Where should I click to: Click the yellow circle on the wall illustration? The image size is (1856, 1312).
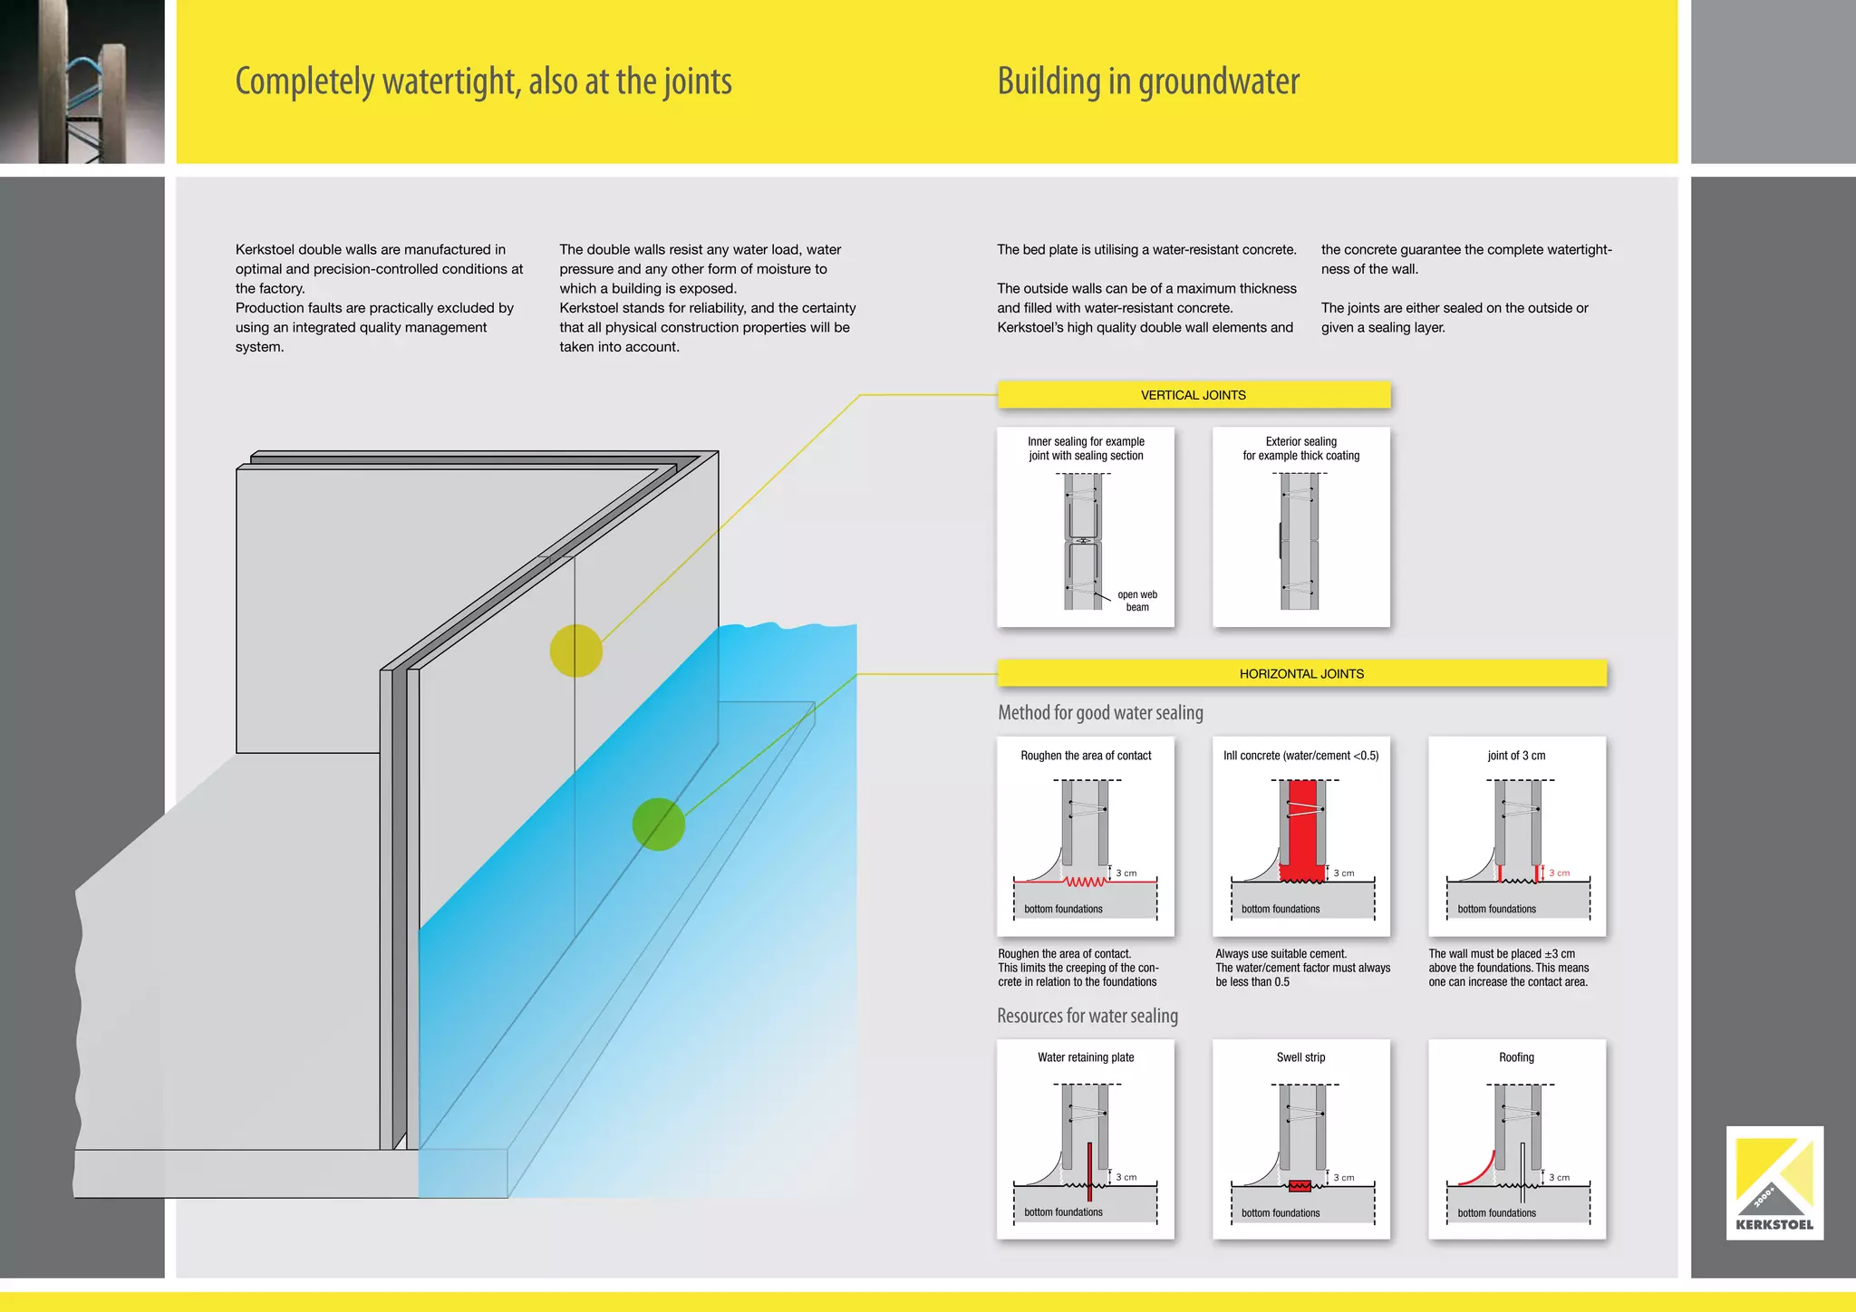575,651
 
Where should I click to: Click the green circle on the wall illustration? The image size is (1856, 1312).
658,824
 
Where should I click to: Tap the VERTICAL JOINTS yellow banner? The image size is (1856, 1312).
1193,395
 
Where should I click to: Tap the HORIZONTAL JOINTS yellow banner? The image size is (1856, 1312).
1301,673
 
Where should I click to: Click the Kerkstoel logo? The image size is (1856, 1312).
1774,1182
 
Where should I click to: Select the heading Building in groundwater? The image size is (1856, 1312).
1147,82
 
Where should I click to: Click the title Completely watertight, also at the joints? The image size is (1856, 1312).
483,82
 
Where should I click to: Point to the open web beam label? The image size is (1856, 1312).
1136,601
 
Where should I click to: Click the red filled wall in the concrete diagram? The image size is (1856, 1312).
1302,829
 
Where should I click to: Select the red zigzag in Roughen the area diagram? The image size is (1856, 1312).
1085,882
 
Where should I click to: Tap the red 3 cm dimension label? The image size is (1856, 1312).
1559,873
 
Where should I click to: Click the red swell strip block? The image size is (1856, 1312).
1300,1186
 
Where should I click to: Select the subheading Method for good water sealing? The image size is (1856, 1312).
1100,713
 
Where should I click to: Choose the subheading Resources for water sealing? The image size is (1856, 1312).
1087,1016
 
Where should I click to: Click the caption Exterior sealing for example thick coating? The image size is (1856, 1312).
1300,449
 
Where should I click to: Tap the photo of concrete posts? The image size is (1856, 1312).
82,82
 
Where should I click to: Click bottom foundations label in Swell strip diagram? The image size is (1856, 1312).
1280,1213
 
